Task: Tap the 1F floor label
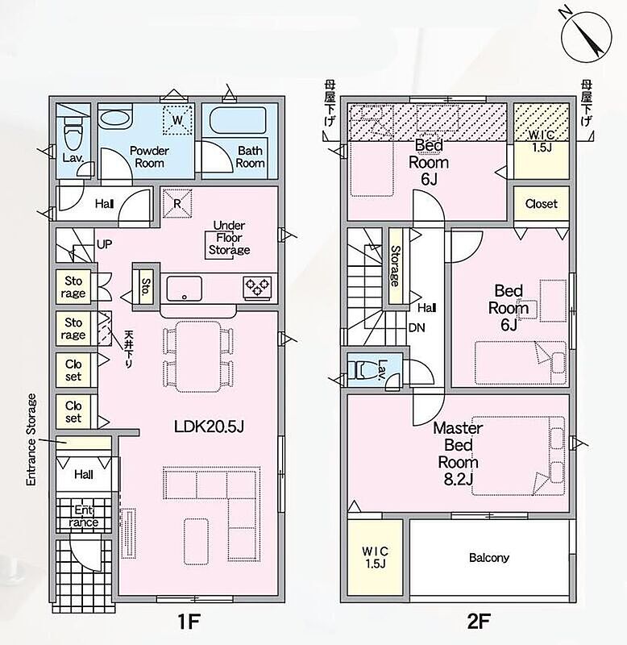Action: pyautogui.click(x=189, y=621)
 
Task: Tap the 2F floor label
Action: pyautogui.click(x=479, y=621)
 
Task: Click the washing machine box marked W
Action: pyautogui.click(x=177, y=119)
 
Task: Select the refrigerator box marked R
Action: pyautogui.click(x=177, y=203)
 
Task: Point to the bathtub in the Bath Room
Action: pyautogui.click(x=238, y=119)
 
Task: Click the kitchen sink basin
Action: pyautogui.click(x=185, y=289)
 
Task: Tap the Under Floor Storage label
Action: pyautogui.click(x=229, y=238)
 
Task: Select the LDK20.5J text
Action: pyautogui.click(x=209, y=427)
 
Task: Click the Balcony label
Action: pyautogui.click(x=489, y=558)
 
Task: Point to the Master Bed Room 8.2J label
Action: pyautogui.click(x=458, y=453)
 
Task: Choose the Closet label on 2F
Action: pyautogui.click(x=541, y=204)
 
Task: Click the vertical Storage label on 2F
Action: pyautogui.click(x=395, y=266)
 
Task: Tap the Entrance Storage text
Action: pyautogui.click(x=31, y=439)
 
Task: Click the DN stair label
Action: pyautogui.click(x=417, y=328)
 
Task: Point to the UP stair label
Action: pyautogui.click(x=104, y=244)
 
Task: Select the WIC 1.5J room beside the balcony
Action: pyautogui.click(x=375, y=557)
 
